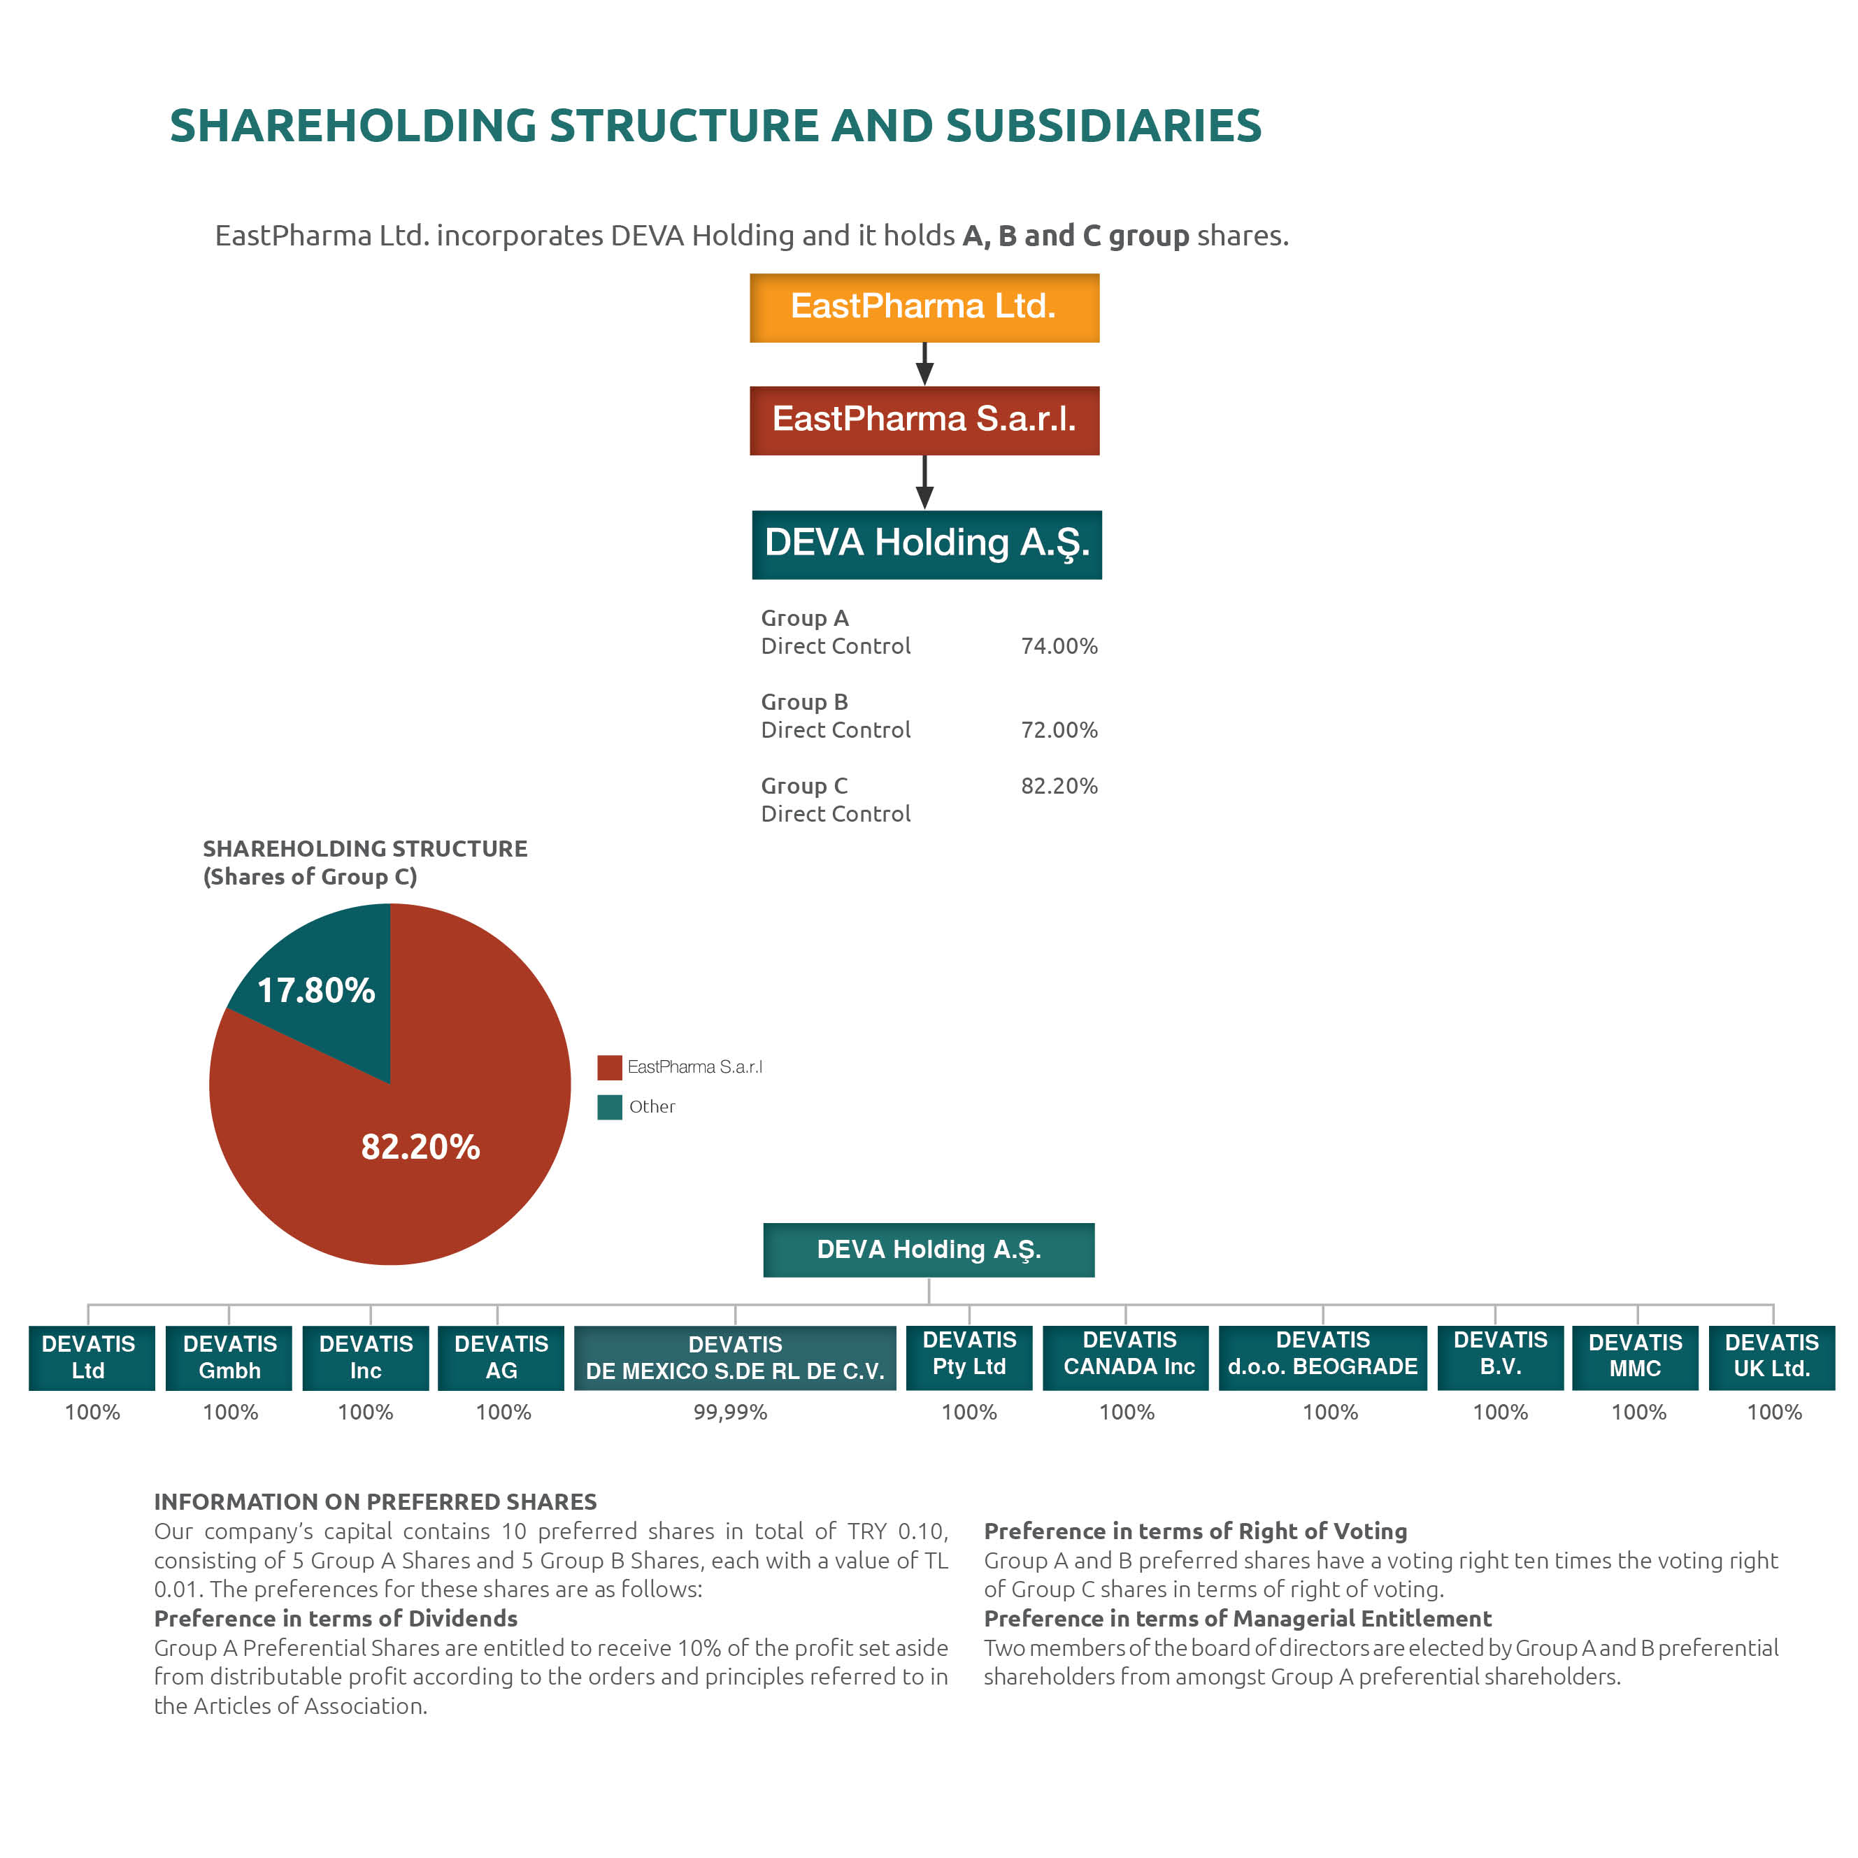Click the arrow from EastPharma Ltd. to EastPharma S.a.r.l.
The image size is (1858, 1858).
(x=924, y=364)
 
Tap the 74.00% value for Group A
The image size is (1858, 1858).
(x=1059, y=646)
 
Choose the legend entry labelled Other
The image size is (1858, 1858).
(x=651, y=1107)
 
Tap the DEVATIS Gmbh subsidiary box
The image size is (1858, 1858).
(x=229, y=1357)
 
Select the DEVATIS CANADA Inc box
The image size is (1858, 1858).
(x=1129, y=1356)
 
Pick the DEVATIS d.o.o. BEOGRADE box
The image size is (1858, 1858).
(x=1322, y=1356)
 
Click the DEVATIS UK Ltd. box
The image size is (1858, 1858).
(x=1771, y=1356)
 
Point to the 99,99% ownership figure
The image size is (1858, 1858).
(x=731, y=1412)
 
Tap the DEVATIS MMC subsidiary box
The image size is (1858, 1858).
(x=1635, y=1356)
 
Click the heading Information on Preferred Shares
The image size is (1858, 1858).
(x=375, y=1501)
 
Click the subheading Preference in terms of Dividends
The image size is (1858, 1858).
(x=336, y=1619)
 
